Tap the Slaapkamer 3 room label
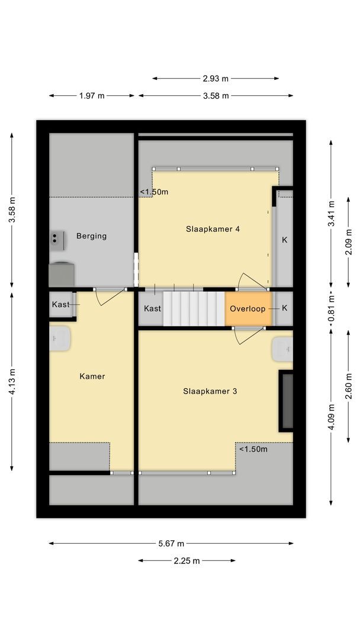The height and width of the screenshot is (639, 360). pyautogui.click(x=210, y=391)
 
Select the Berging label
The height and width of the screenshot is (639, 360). pyautogui.click(x=91, y=236)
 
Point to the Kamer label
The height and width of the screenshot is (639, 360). pyautogui.click(x=92, y=376)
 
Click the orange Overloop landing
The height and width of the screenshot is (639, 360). pyautogui.click(x=248, y=308)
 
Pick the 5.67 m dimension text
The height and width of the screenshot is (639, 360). pyautogui.click(x=171, y=544)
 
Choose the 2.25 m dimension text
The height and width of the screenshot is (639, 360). pyautogui.click(x=187, y=561)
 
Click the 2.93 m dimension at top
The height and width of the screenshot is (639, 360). pyautogui.click(x=216, y=78)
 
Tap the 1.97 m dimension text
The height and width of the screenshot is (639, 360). pyautogui.click(x=92, y=96)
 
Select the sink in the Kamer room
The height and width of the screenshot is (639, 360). pyautogui.click(x=60, y=338)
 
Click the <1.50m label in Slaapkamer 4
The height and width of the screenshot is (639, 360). pyautogui.click(x=154, y=192)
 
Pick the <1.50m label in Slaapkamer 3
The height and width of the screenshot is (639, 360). pyautogui.click(x=253, y=449)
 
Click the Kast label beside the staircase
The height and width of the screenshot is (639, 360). pyautogui.click(x=152, y=308)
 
